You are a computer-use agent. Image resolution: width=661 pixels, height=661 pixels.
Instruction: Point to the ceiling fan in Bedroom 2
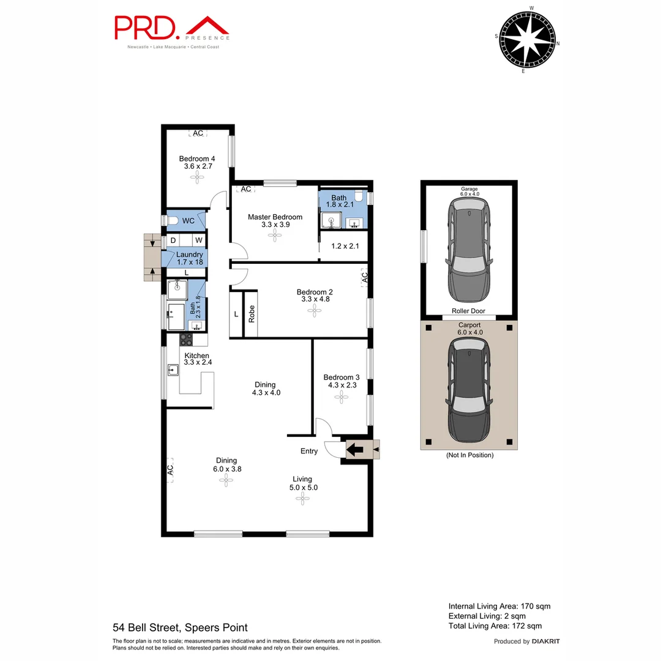pos(314,311)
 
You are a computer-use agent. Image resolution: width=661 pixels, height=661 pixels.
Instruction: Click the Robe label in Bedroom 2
pos(251,314)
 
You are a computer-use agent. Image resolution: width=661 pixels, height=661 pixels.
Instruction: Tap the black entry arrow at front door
pos(353,450)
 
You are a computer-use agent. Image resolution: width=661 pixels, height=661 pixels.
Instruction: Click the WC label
pos(189,220)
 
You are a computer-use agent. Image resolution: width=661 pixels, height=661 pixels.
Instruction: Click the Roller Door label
pos(468,311)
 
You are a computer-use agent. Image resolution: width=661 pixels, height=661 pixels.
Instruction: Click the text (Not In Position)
pos(469,455)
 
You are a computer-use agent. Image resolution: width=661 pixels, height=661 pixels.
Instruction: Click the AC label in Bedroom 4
pos(198,133)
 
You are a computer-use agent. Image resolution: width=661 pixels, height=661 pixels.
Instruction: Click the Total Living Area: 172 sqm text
pos(495,626)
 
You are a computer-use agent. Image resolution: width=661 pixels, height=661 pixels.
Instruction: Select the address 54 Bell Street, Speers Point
pos(180,627)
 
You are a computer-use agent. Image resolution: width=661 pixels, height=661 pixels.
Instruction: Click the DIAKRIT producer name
pos(546,641)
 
